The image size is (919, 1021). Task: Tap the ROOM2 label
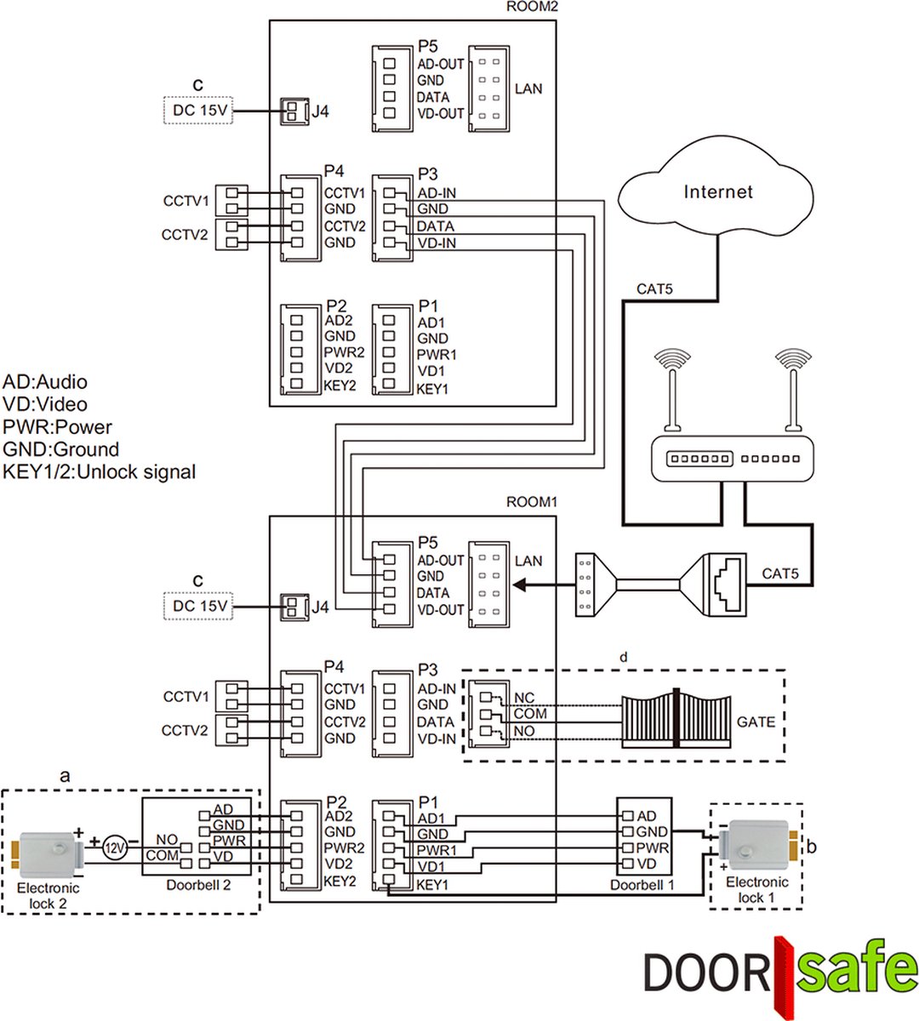pos(531,7)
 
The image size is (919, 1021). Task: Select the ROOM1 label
pos(531,502)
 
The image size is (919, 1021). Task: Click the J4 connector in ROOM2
pos(294,111)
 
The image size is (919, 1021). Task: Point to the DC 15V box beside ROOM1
pos(198,607)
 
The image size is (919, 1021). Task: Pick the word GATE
pos(756,722)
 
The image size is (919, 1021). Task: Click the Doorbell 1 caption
pos(642,885)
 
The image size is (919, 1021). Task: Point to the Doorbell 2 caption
pos(198,885)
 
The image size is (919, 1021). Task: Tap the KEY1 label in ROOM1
pos(431,885)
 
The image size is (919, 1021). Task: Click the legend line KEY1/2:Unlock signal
pos(100,471)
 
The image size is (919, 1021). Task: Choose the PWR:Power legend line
pos(57,427)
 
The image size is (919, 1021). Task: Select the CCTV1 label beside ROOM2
pos(186,202)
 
